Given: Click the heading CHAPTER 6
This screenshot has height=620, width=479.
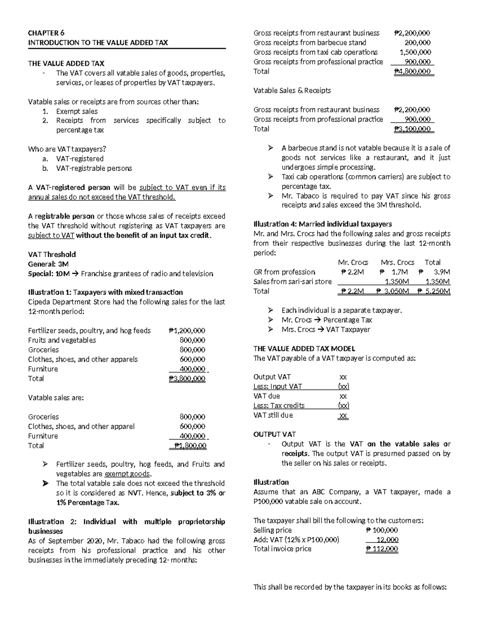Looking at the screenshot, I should [x=46, y=33].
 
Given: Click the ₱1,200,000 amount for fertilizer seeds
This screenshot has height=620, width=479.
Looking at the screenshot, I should [x=187, y=331].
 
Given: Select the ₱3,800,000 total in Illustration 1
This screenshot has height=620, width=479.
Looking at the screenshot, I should [x=187, y=378].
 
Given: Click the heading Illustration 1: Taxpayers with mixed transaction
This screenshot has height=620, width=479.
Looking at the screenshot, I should [x=105, y=292].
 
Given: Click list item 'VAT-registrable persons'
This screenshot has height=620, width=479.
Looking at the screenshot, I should [x=94, y=168].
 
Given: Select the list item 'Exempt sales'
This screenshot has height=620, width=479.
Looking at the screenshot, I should [x=77, y=111].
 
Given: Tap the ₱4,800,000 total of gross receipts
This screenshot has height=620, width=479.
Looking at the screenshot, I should [x=412, y=71].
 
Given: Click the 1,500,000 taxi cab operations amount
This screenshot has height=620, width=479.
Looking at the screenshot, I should [x=415, y=52].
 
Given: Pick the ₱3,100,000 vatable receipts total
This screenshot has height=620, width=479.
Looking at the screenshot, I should [x=412, y=129].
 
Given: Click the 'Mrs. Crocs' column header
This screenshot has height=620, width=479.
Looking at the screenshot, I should [x=397, y=262].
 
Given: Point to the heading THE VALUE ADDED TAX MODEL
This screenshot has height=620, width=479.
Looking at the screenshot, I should [x=304, y=349].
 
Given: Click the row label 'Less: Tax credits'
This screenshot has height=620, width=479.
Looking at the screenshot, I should [x=279, y=406].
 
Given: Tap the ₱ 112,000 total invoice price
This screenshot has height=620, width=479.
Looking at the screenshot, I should [x=382, y=549].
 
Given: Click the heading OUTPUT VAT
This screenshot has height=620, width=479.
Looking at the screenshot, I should [x=274, y=434].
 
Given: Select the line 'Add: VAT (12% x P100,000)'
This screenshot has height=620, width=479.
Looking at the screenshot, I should [x=296, y=540].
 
